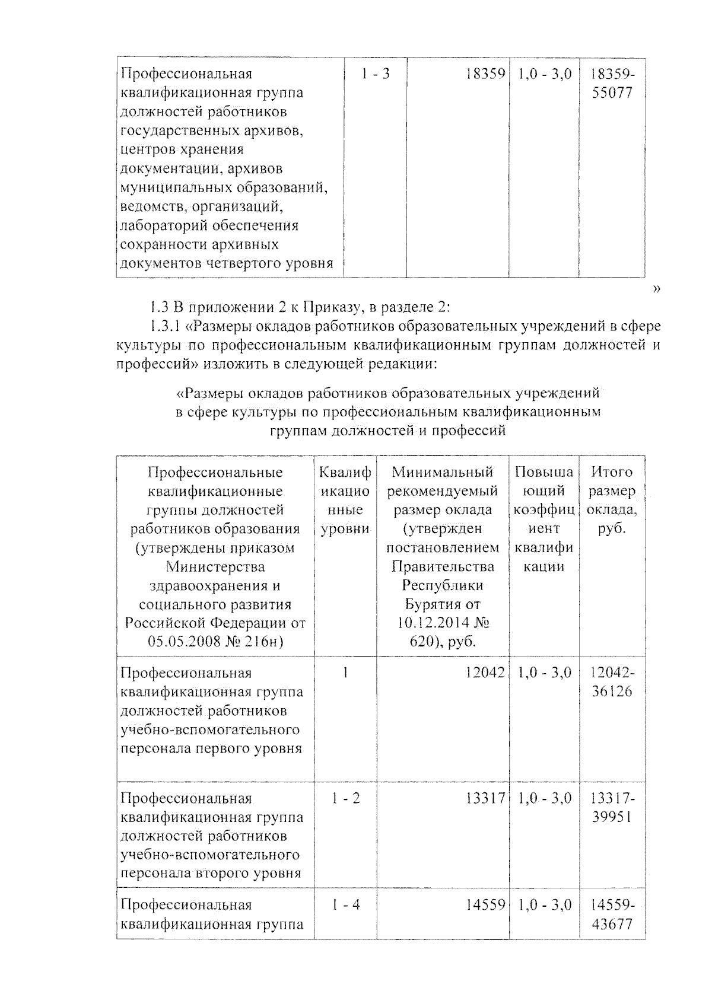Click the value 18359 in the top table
point(485,74)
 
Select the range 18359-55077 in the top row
point(612,84)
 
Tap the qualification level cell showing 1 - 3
point(375,74)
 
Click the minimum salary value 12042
point(485,673)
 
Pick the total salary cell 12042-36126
point(612,682)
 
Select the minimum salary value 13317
point(485,798)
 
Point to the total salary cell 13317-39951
point(612,808)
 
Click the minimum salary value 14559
point(485,905)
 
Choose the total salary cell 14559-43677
point(612,914)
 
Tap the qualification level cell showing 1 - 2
point(345,798)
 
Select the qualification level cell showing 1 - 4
point(345,905)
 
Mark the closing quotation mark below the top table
point(656,289)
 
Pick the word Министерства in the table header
point(215,567)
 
